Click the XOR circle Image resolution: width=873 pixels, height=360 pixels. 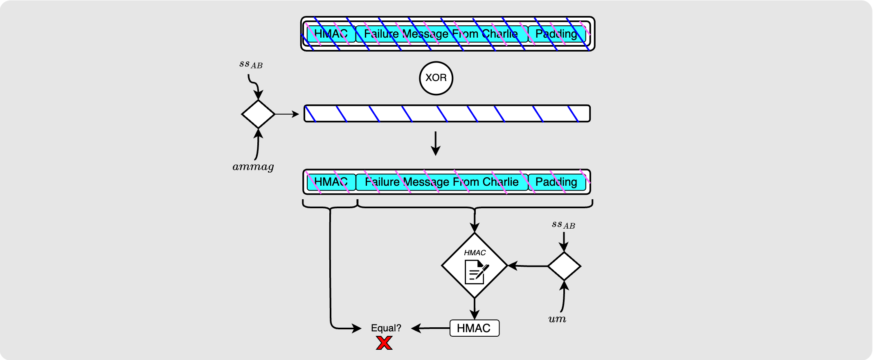coord(436,78)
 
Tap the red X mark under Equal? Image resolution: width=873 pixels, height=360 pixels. coord(384,343)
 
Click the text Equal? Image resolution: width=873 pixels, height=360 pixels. coord(386,328)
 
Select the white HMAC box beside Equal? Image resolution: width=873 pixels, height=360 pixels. coord(474,328)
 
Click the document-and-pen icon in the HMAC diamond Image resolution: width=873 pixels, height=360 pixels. coord(476,272)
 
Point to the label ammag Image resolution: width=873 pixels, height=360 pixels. coord(253,167)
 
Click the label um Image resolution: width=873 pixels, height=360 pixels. coord(557,319)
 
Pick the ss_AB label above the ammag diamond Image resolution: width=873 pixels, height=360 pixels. coord(251,64)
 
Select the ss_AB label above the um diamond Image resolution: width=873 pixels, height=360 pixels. coord(563,225)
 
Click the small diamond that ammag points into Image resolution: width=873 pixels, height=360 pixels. coord(258,114)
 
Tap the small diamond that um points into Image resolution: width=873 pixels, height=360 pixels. coord(564,266)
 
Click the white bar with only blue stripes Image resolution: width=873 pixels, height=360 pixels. coord(447,114)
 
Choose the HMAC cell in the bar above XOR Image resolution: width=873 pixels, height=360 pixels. coord(331,34)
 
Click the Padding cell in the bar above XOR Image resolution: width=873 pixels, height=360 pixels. coord(556,34)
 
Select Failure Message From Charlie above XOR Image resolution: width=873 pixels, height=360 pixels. coord(441,34)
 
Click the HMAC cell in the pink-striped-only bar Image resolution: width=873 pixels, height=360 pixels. coord(331,182)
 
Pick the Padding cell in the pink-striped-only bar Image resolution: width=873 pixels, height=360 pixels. coord(556,182)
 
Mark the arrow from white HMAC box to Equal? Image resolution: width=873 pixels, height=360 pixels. coord(430,328)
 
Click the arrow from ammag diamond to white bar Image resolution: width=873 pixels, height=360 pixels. coord(287,114)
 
